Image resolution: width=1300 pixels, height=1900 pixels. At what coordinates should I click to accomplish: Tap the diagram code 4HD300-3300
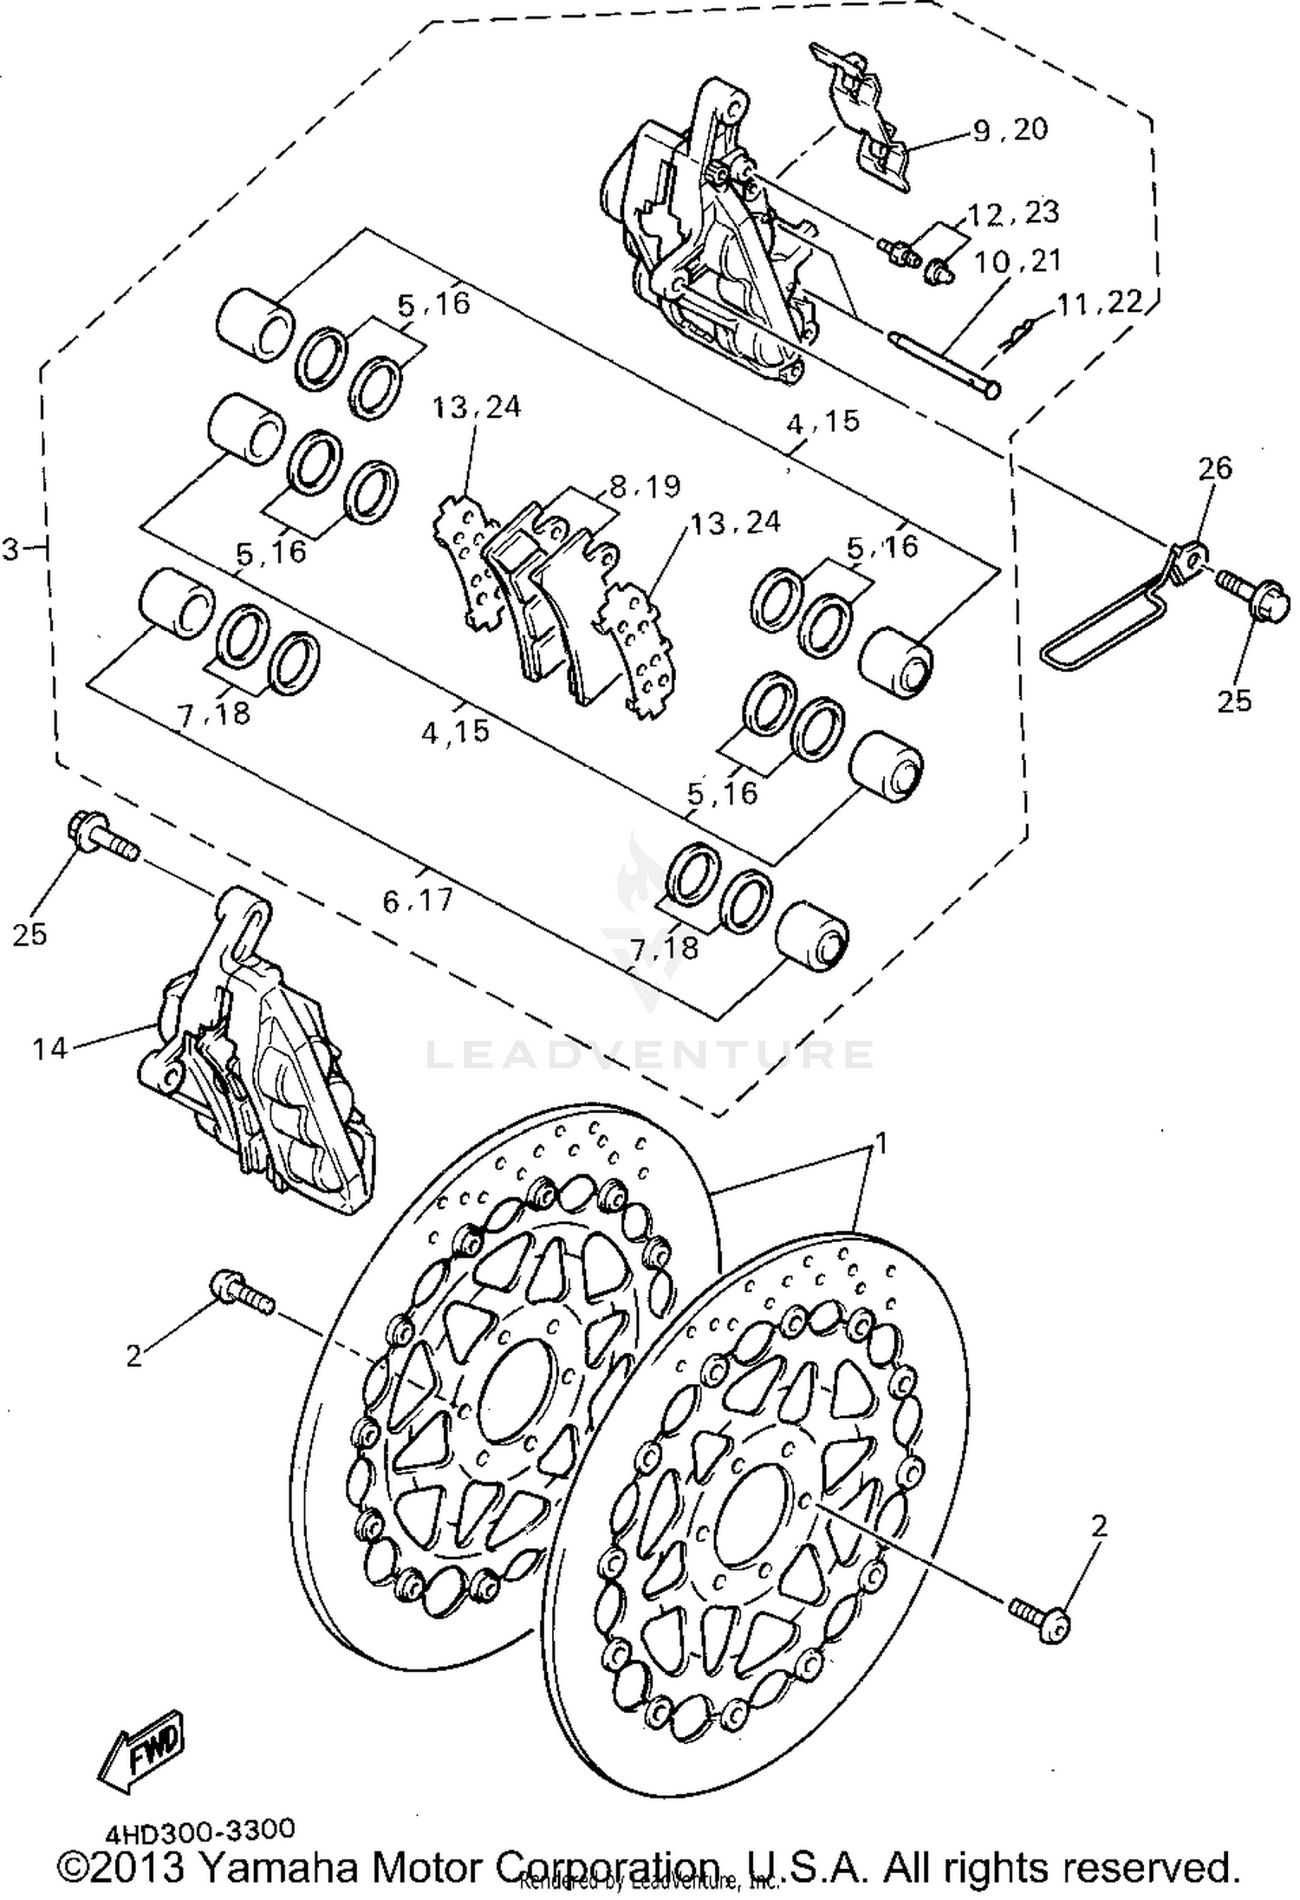point(200,1830)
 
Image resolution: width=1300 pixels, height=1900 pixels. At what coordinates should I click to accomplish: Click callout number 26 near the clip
point(1214,468)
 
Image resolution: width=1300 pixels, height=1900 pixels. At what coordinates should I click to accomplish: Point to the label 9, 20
point(1010,130)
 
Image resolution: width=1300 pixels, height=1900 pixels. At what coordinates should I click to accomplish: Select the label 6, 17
point(419,901)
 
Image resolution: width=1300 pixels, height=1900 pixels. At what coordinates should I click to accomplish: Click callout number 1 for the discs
point(881,1144)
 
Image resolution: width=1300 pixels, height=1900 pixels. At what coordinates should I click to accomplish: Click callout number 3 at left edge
point(11,549)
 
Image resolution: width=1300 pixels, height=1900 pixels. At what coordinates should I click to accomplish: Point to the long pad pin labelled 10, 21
point(945,362)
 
